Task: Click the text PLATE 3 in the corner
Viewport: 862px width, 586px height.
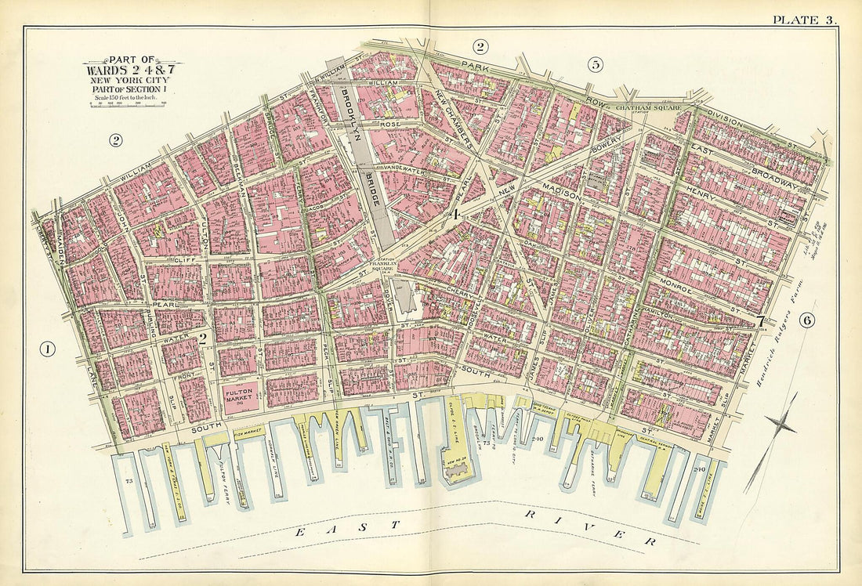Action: tap(804, 20)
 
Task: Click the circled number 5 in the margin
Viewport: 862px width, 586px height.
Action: tap(596, 65)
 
